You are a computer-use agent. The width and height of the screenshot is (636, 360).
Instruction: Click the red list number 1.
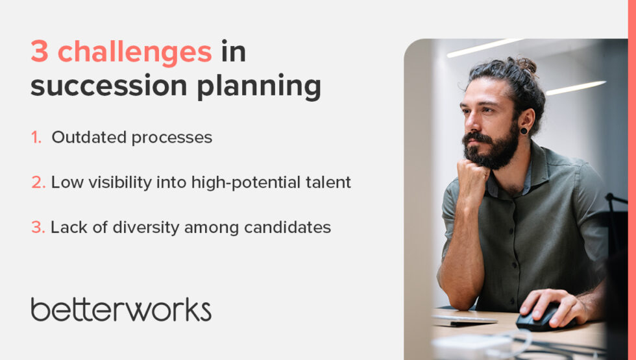coord(36,138)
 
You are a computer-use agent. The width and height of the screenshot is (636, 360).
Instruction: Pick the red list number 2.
coord(38,183)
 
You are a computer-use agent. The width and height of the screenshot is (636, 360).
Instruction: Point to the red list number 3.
coord(38,228)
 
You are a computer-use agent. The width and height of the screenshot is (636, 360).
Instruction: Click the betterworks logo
coord(121,309)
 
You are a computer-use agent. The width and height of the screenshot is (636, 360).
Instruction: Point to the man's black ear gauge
coord(523,130)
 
